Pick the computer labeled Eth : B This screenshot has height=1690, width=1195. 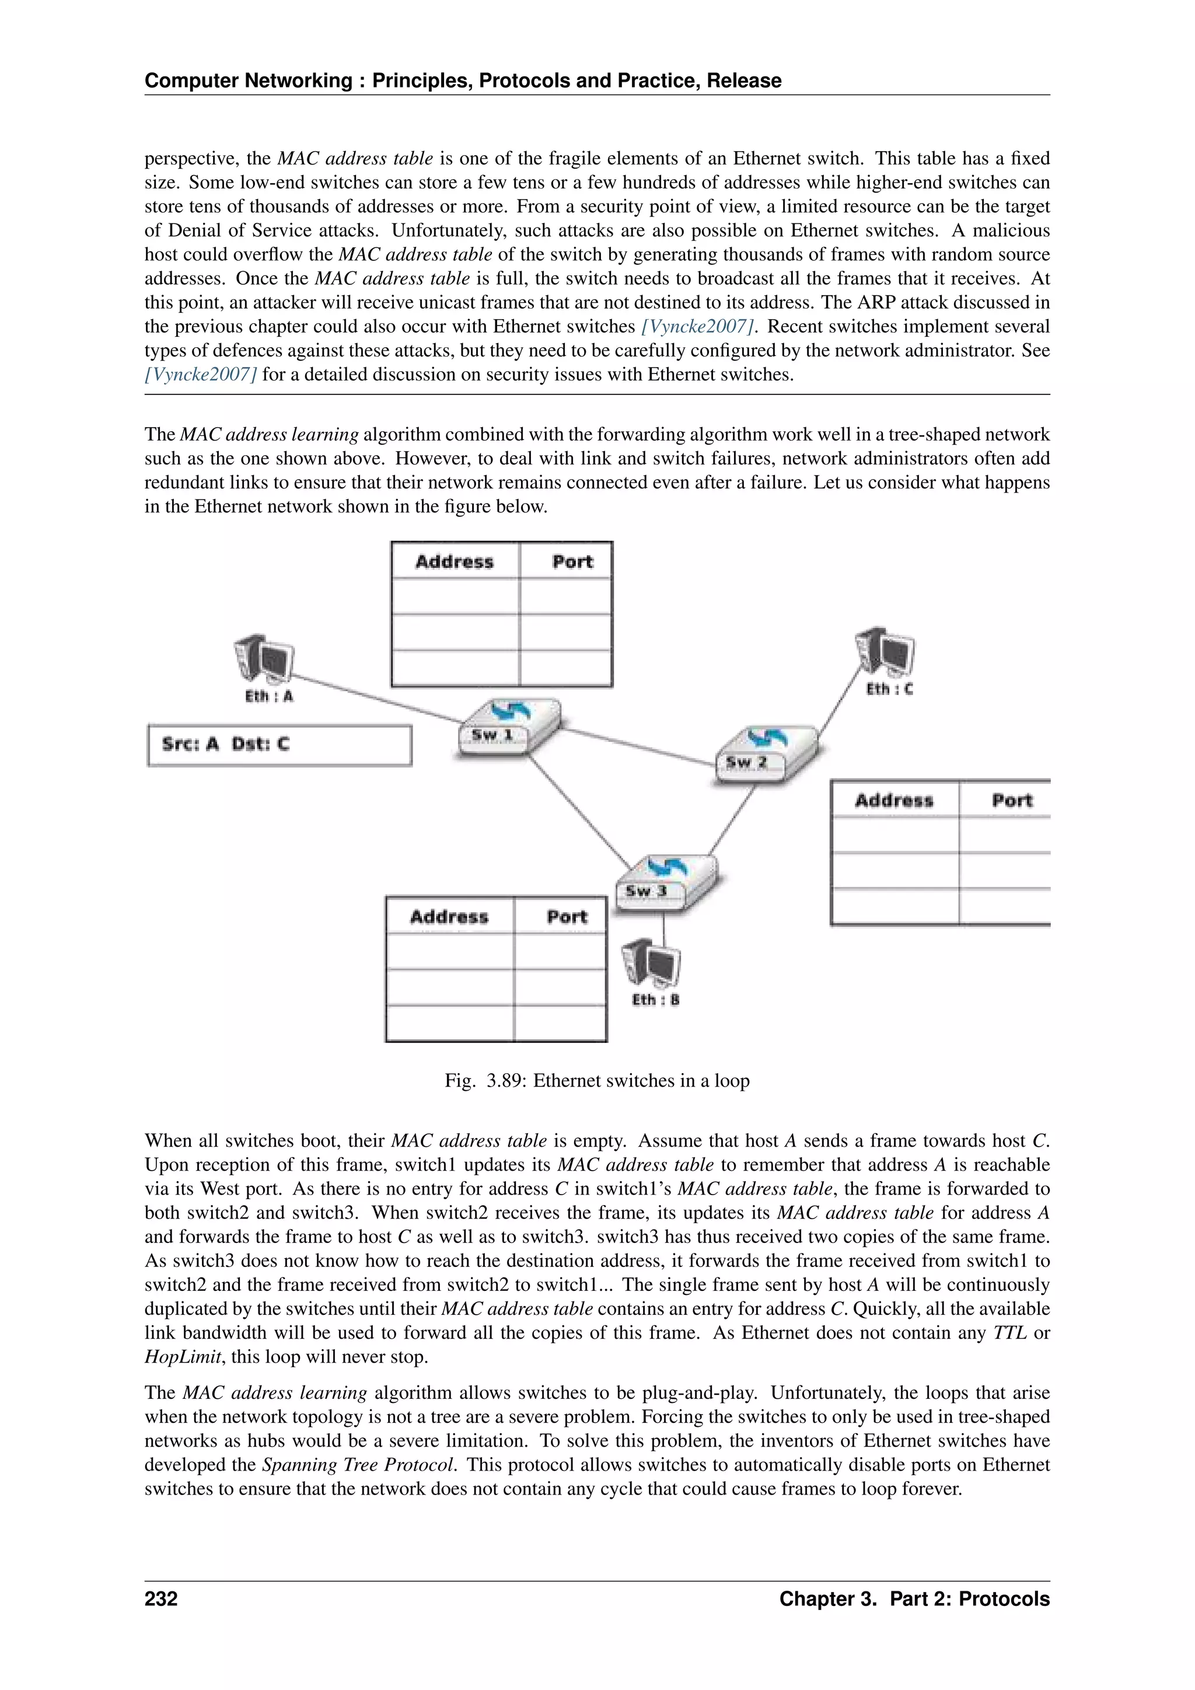[652, 963]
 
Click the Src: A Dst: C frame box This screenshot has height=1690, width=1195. [279, 745]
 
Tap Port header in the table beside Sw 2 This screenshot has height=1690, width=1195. [1012, 800]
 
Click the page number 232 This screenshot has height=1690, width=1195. [161, 1599]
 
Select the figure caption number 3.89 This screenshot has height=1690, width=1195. [505, 1081]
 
